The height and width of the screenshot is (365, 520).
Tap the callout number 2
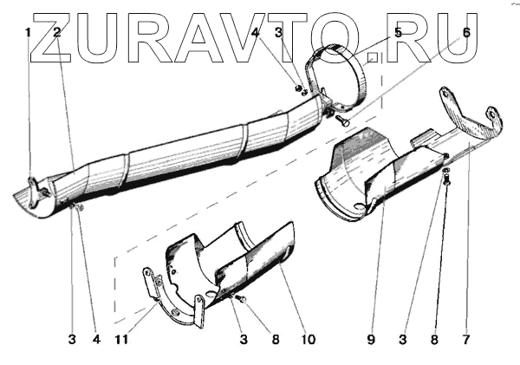tap(56, 32)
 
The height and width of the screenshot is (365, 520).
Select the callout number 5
tap(398, 32)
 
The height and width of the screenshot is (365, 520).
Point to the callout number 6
tap(465, 32)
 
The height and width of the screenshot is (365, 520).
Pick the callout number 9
tap(370, 339)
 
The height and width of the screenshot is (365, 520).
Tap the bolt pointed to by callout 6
tap(340, 122)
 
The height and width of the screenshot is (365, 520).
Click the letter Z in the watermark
tap(52, 40)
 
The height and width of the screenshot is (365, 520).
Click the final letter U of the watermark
tap(455, 40)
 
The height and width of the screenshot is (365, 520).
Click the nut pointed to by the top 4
tap(298, 88)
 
